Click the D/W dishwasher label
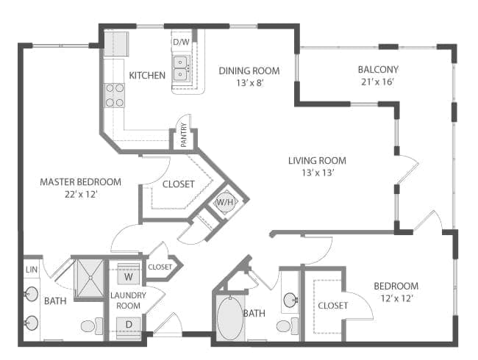181,42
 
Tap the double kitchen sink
181,68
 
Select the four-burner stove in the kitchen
115,96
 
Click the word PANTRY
184,135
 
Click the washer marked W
129,274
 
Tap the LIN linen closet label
32,270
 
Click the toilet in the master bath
92,326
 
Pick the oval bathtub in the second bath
230,319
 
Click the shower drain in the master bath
90,278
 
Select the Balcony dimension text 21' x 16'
378,82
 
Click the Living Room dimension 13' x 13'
318,173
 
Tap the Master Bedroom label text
80,182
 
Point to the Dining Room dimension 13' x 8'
250,83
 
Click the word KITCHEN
147,75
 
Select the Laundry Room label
129,300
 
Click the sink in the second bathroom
290,300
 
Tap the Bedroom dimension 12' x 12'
396,298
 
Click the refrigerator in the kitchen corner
116,43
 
